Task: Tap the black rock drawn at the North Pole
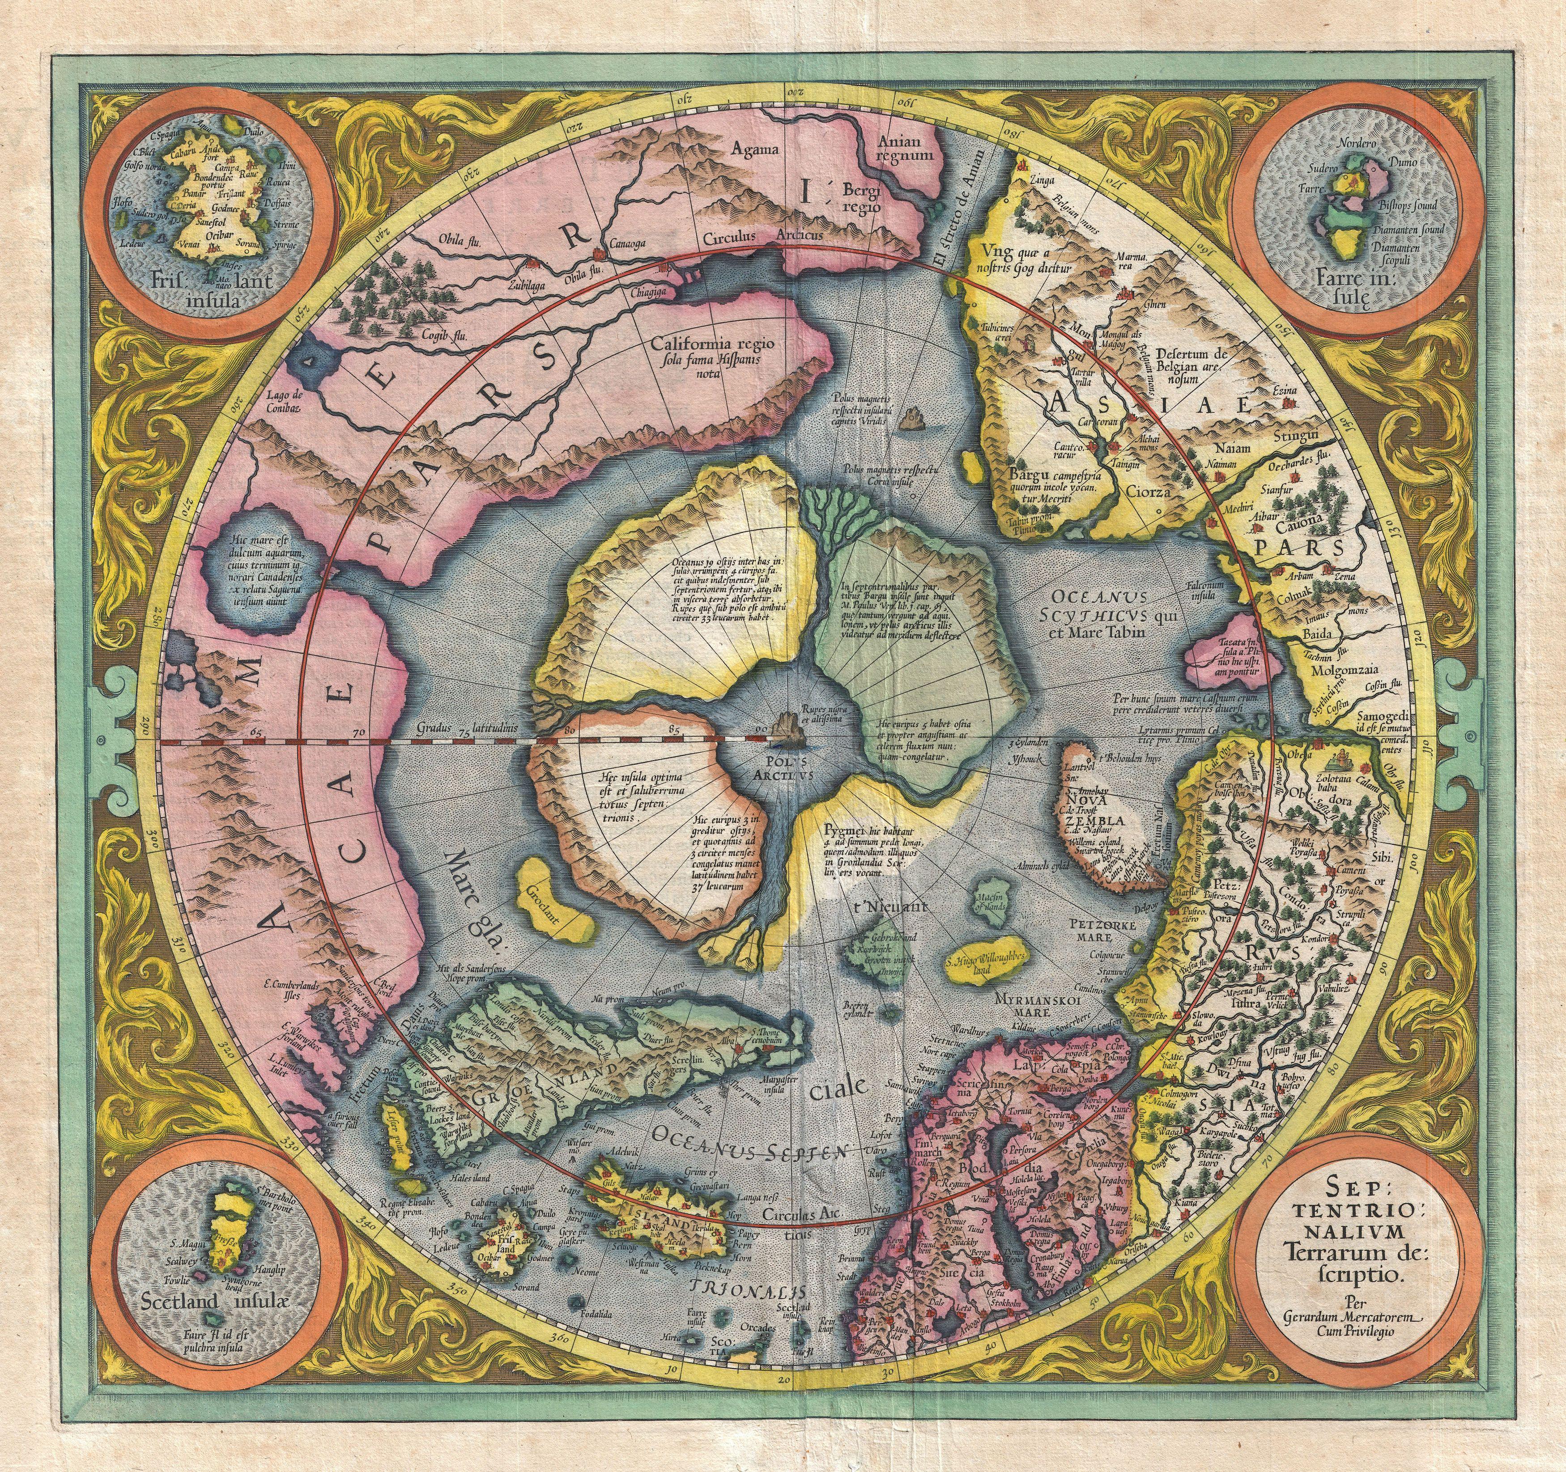[x=785, y=728]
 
